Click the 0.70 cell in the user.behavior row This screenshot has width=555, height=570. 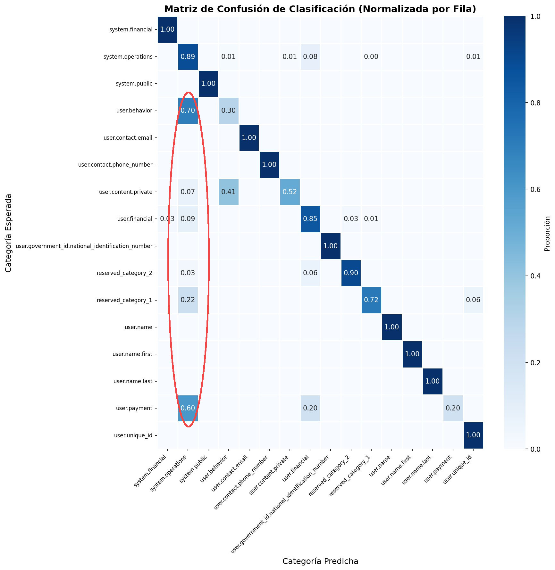[188, 111]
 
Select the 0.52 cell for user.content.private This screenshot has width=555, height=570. [290, 192]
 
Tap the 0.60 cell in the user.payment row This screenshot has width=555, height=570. [188, 408]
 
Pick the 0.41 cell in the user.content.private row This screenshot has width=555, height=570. [228, 192]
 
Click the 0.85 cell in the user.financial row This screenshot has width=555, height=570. [310, 219]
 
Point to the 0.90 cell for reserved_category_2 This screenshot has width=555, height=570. [351, 273]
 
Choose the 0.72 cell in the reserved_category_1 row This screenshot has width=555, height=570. [371, 300]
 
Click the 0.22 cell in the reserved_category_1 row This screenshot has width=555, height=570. [188, 300]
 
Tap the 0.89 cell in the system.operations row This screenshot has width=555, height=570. [188, 57]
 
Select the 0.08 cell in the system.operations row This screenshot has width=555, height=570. [310, 57]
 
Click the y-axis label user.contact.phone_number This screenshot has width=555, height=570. [115, 165]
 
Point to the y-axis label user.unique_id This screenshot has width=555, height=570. [133, 435]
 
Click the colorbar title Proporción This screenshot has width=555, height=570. [547, 233]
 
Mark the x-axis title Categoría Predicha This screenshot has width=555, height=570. [320, 561]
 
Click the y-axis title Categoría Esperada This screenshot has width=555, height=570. [9, 233]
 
